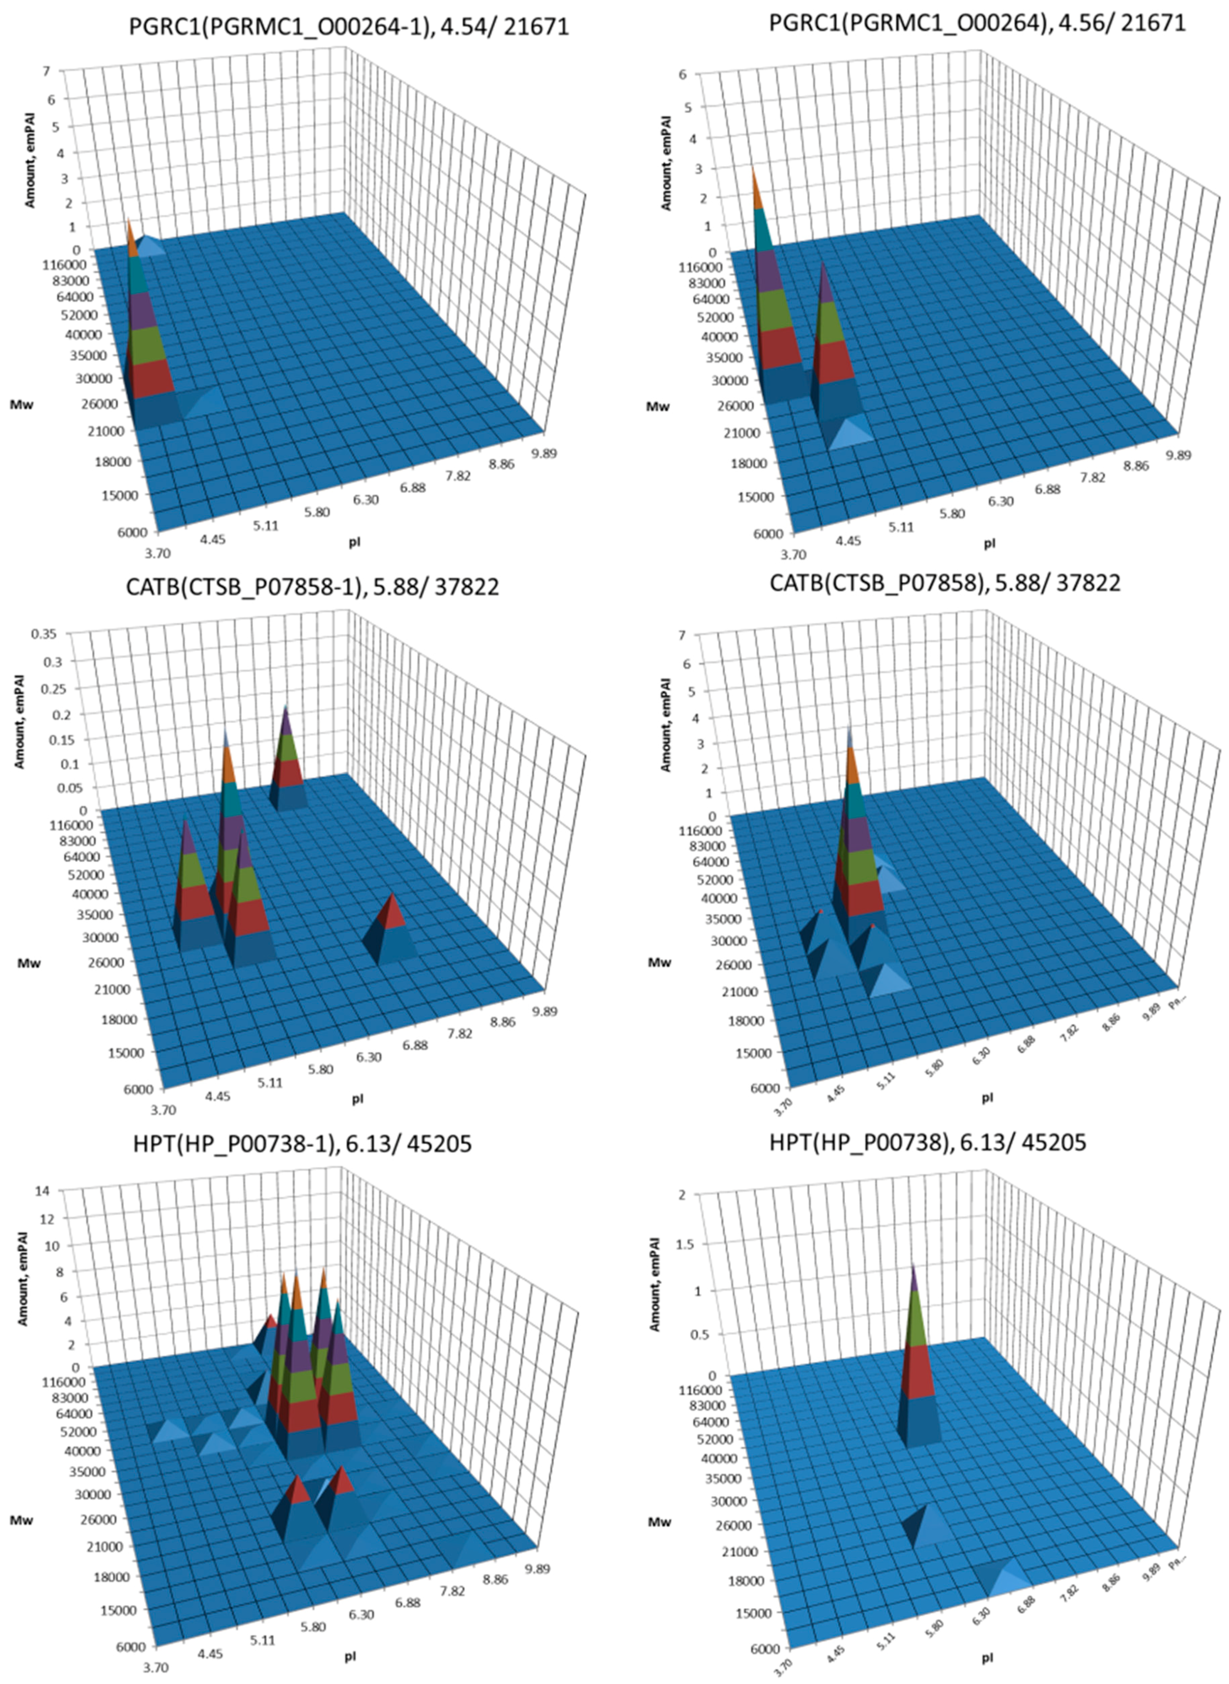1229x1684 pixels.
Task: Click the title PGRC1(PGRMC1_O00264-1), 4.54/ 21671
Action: tap(348, 27)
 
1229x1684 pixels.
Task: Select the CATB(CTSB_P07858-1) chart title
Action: tap(313, 587)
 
